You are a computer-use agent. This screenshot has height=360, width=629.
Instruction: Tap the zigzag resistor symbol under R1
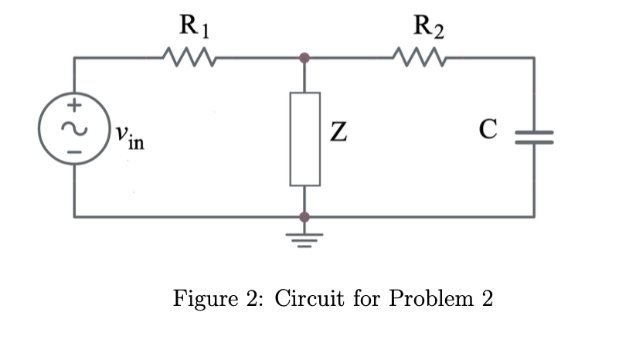189,56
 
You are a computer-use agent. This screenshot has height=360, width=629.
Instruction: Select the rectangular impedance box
305,138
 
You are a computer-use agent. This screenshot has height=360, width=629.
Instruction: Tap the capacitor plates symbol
533,137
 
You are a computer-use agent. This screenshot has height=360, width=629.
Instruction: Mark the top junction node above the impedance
305,58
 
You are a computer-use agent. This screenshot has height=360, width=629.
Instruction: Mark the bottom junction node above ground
305,216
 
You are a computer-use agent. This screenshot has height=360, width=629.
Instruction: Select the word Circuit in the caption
310,297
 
